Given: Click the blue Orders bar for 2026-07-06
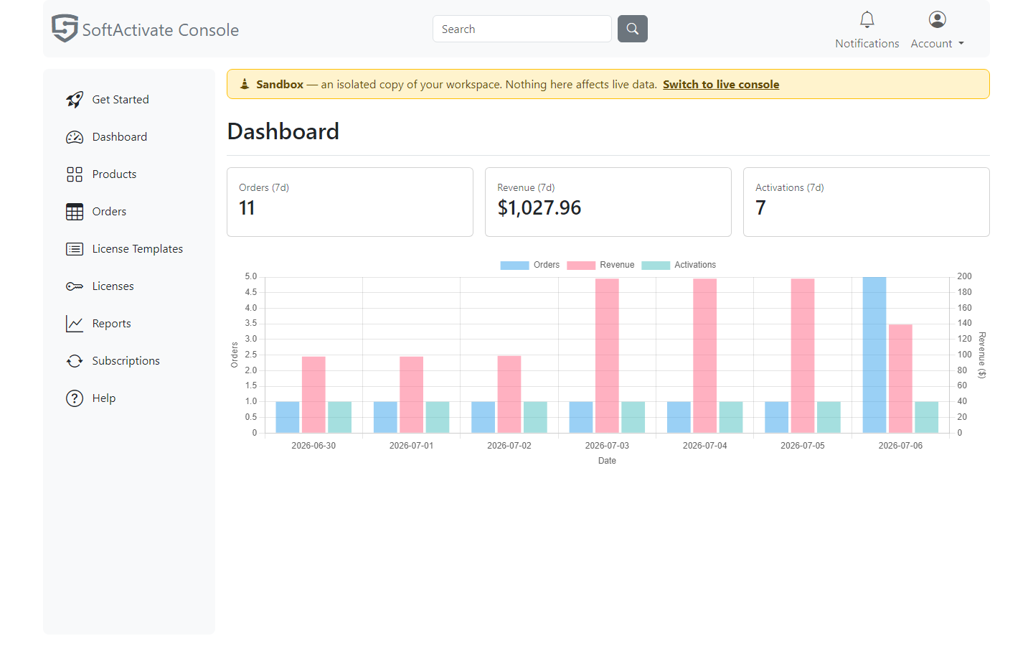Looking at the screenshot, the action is [x=874, y=355].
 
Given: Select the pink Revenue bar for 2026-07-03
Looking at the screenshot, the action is [x=607, y=356].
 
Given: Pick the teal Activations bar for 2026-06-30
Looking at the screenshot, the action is [x=339, y=417].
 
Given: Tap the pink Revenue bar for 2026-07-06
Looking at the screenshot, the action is [x=900, y=379].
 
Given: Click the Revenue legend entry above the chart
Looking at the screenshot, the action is [x=600, y=265].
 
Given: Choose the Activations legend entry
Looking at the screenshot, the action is [x=679, y=265].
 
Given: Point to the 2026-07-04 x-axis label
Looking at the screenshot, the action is [x=704, y=446].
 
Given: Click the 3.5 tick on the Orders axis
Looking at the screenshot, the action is [x=251, y=323].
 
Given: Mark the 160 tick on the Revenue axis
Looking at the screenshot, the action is [x=964, y=308].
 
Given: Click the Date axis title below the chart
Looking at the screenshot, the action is [x=607, y=461].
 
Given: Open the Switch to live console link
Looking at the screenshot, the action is [x=721, y=85].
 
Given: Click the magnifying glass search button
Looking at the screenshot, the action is [x=632, y=29].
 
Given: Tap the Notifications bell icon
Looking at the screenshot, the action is [x=867, y=19].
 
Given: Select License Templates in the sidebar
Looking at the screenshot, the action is [x=138, y=248].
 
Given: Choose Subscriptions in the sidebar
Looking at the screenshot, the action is [x=126, y=361].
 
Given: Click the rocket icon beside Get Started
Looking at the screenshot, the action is [x=75, y=99].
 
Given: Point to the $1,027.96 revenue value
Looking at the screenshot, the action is [x=539, y=207].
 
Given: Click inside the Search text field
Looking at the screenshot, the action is [x=522, y=29].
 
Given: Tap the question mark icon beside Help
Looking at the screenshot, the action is [x=75, y=398].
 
